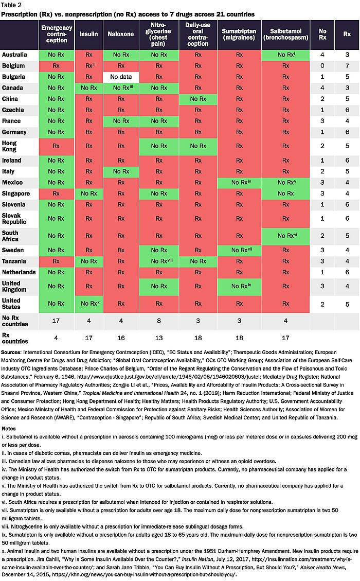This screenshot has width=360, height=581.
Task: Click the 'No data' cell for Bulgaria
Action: pyautogui.click(x=121, y=77)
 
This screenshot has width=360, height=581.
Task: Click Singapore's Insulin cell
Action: pyautogui.click(x=89, y=193)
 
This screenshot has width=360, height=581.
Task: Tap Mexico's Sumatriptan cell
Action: pyautogui.click(x=239, y=182)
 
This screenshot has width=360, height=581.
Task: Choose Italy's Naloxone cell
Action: pyautogui.click(x=121, y=171)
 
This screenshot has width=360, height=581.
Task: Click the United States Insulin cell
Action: pyautogui.click(x=89, y=303)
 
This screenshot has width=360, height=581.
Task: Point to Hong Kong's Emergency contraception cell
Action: pyautogui.click(x=57, y=146)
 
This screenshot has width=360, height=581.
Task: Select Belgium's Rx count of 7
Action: pyautogui.click(x=348, y=65)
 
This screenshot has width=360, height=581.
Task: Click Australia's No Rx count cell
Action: pyautogui.click(x=322, y=54)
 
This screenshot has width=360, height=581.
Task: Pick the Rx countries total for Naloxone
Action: pyautogui.click(x=121, y=338)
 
